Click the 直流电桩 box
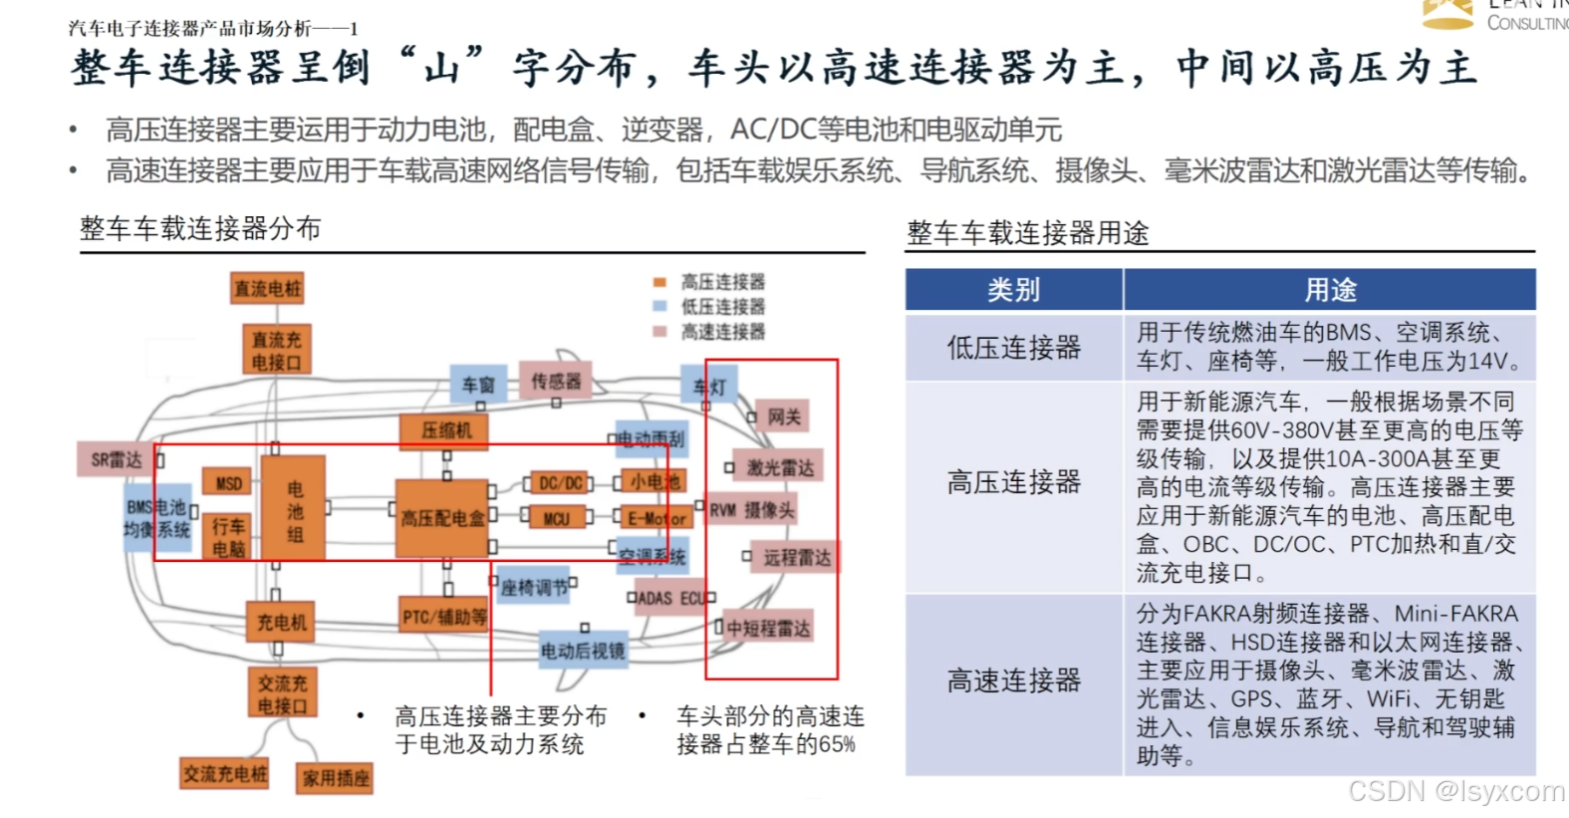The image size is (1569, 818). point(267,289)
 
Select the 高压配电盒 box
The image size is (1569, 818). point(442,518)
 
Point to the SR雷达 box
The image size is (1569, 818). point(116,459)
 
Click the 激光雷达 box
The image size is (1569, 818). point(780,467)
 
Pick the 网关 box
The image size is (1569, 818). point(783,416)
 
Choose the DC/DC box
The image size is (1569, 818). point(561,483)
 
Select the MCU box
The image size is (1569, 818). point(556,518)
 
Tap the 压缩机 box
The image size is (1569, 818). point(446,430)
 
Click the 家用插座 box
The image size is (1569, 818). point(336,778)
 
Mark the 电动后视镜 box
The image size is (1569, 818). point(583,651)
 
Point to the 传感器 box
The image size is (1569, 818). point(556,382)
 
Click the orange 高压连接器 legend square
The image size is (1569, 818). point(659,282)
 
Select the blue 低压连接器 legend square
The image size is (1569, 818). point(659,307)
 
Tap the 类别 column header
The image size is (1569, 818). point(1014,290)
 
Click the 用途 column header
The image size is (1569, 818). point(1331,290)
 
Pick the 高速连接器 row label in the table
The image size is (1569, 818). point(1014,682)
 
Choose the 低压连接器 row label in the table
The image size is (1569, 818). point(1014,348)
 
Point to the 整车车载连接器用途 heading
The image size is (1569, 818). point(1027,233)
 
